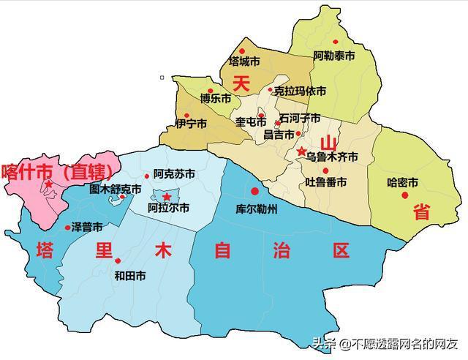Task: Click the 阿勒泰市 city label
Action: click(x=334, y=56)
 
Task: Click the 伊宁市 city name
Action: click(x=192, y=124)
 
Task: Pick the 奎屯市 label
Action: click(x=251, y=121)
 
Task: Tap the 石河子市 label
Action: click(x=300, y=118)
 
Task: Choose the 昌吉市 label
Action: click(x=279, y=135)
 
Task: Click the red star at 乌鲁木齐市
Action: click(x=301, y=151)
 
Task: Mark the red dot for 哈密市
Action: click(x=404, y=195)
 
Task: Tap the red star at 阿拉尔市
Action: click(x=167, y=197)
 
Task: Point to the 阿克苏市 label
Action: click(x=174, y=174)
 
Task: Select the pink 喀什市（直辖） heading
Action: click(x=57, y=172)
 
